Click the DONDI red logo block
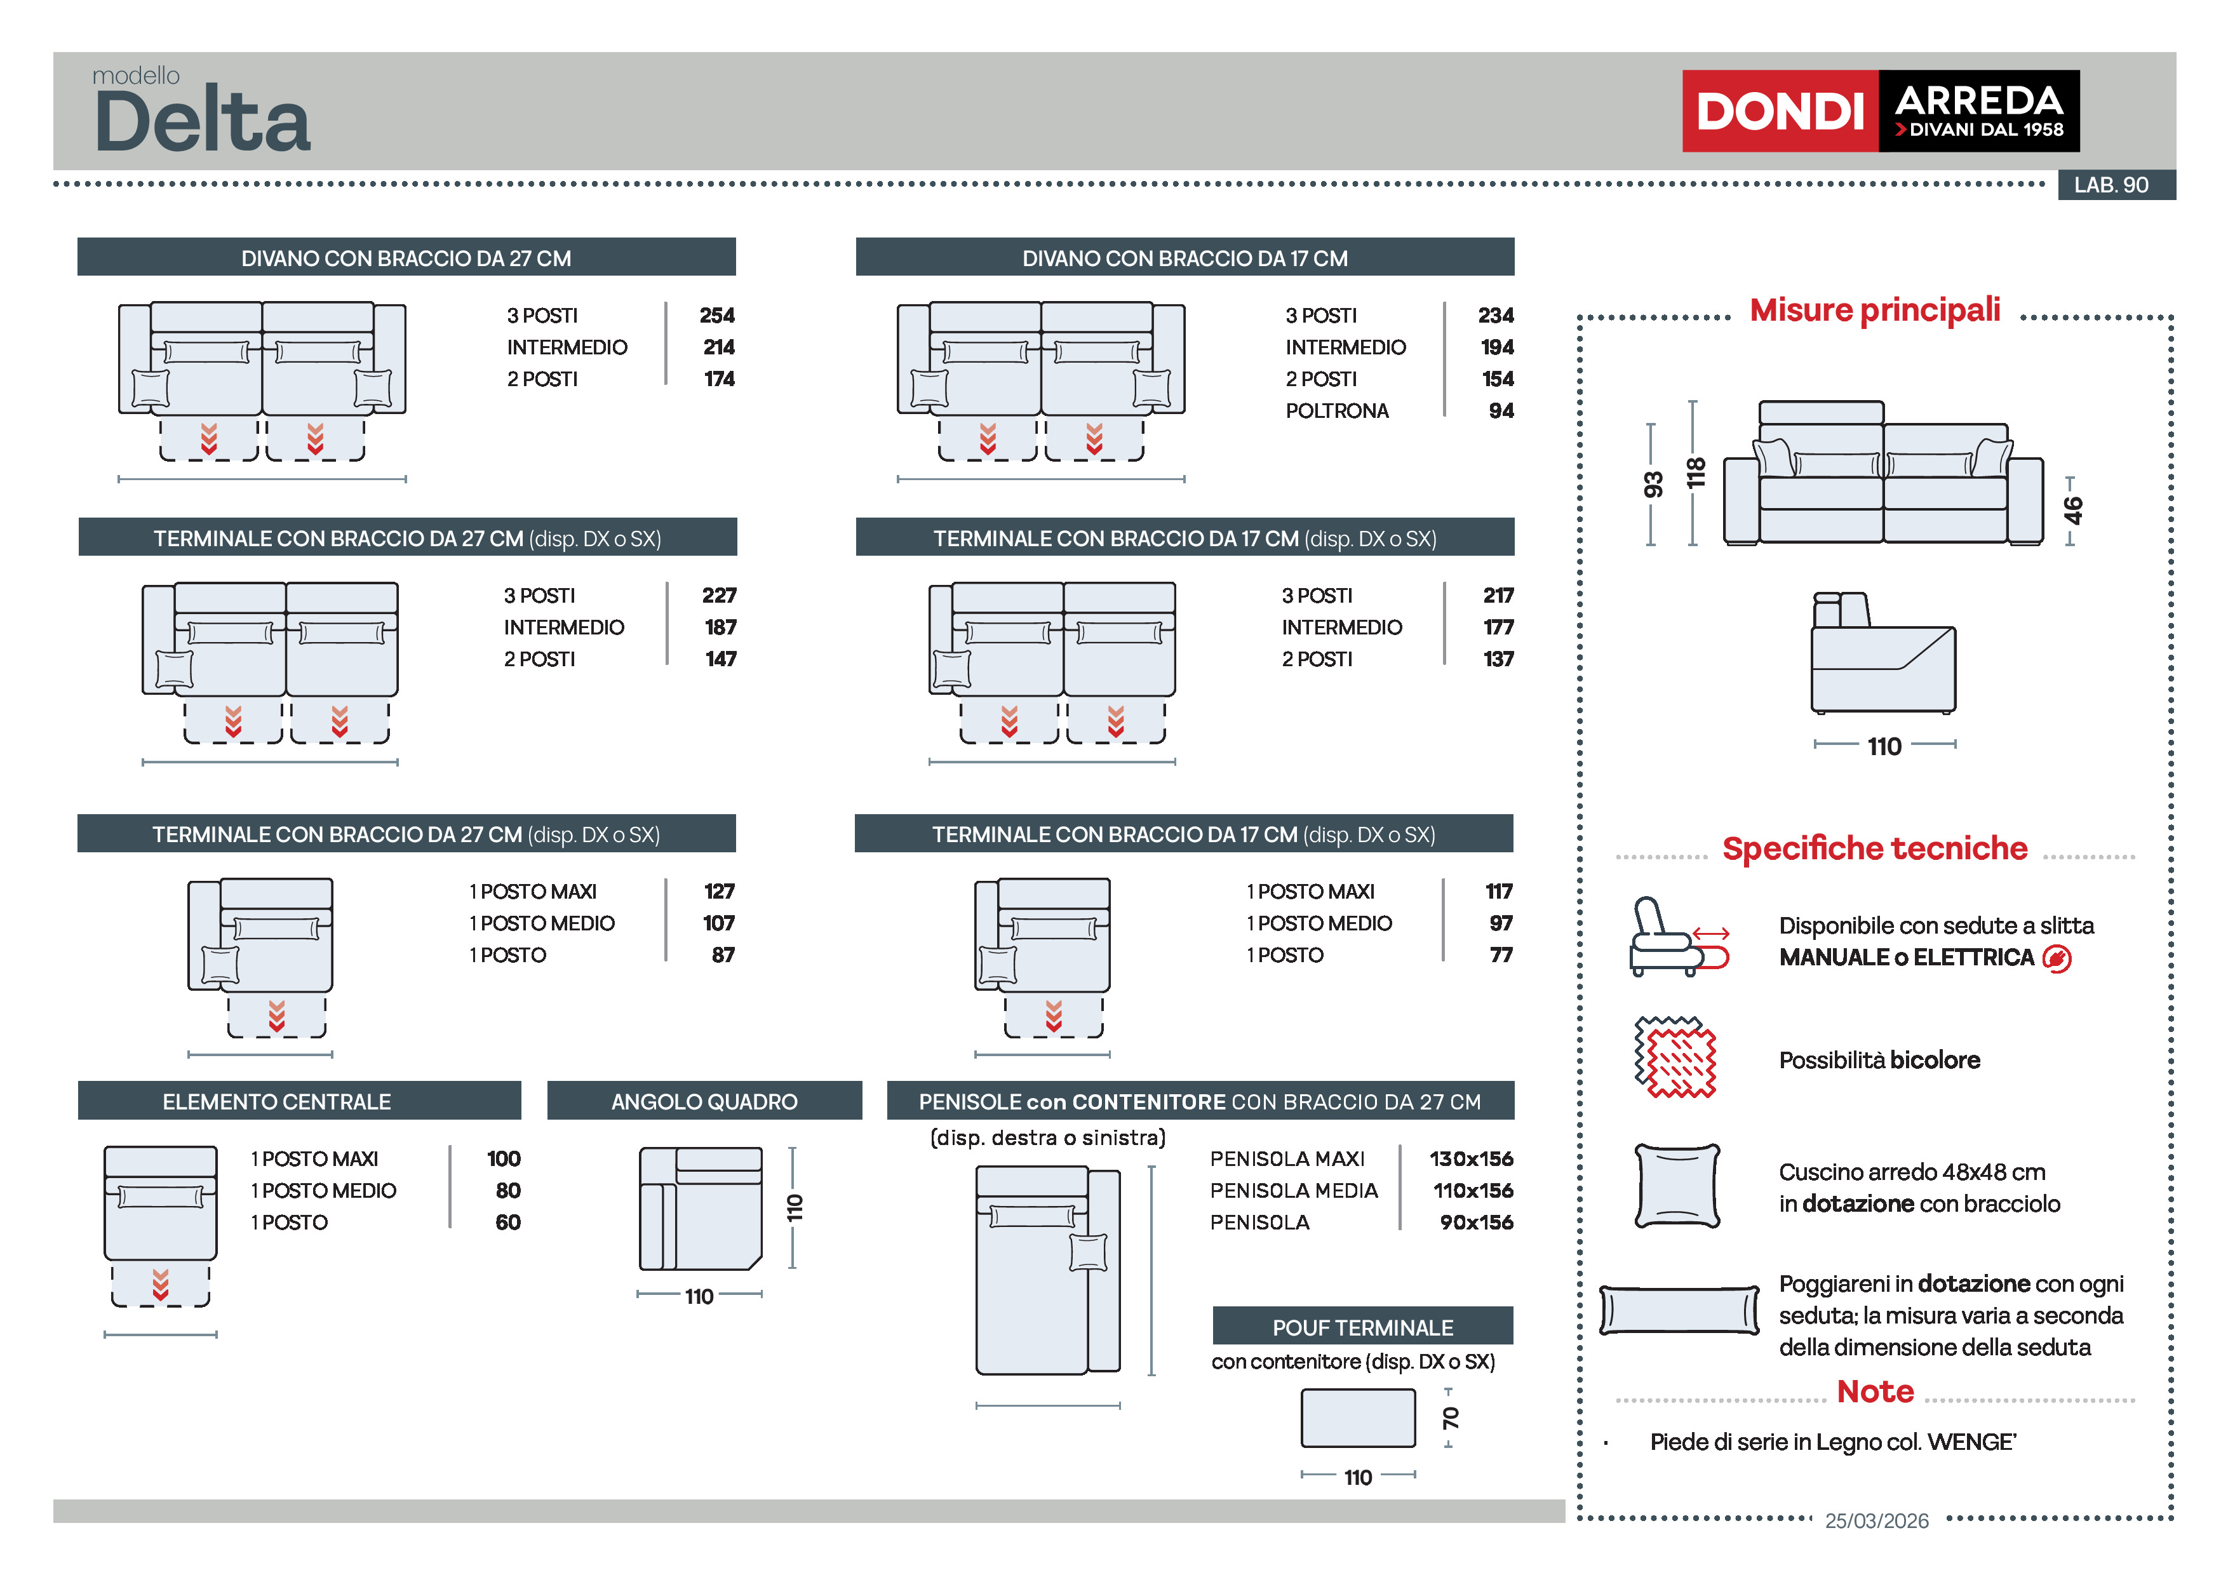(1779, 111)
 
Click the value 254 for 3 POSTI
(717, 316)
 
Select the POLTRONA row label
(1336, 410)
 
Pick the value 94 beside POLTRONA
(1500, 410)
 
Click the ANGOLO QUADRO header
(704, 1101)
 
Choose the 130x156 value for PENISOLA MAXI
(1470, 1158)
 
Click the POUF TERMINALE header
(1362, 1327)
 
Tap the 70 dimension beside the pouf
(1451, 1417)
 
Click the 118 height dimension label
(1695, 474)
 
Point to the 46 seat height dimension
(2072, 509)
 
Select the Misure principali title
(1875, 309)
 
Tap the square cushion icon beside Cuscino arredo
(1677, 1186)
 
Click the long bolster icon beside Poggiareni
(1679, 1310)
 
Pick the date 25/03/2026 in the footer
(1877, 1520)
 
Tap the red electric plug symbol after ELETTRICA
(2057, 959)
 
